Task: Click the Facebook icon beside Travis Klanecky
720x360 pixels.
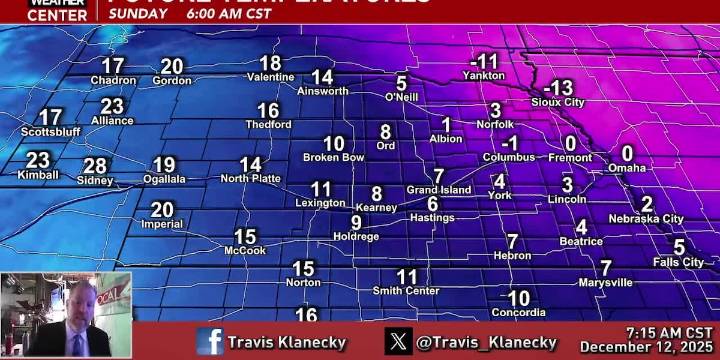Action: click(210, 341)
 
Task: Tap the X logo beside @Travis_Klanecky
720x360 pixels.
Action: click(398, 341)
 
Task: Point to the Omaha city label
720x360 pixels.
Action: click(627, 168)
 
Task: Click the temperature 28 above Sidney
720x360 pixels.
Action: click(95, 166)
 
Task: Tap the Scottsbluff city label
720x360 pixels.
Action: click(49, 132)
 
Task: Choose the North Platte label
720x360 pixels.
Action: click(250, 178)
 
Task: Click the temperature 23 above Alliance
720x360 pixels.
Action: click(112, 106)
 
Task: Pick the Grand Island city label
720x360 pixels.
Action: click(438, 190)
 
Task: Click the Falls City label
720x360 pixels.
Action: click(678, 262)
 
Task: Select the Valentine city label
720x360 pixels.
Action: click(270, 77)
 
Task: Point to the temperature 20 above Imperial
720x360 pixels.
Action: click(162, 210)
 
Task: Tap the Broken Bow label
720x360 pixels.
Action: click(333, 157)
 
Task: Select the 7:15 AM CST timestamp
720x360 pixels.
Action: click(669, 332)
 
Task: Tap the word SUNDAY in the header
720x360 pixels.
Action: click(138, 14)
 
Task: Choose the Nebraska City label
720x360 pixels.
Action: click(646, 218)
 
